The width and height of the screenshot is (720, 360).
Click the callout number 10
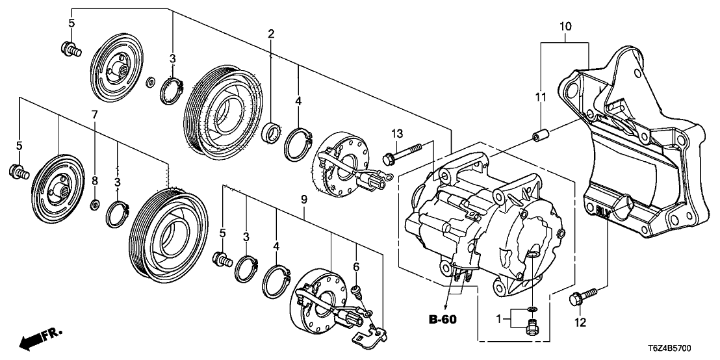click(565, 27)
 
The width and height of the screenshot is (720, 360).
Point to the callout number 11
click(539, 97)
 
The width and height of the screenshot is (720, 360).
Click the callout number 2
click(270, 34)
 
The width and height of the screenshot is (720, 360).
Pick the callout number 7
click(94, 114)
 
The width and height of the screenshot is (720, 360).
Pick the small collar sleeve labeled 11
click(539, 138)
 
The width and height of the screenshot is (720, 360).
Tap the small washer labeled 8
click(95, 205)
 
